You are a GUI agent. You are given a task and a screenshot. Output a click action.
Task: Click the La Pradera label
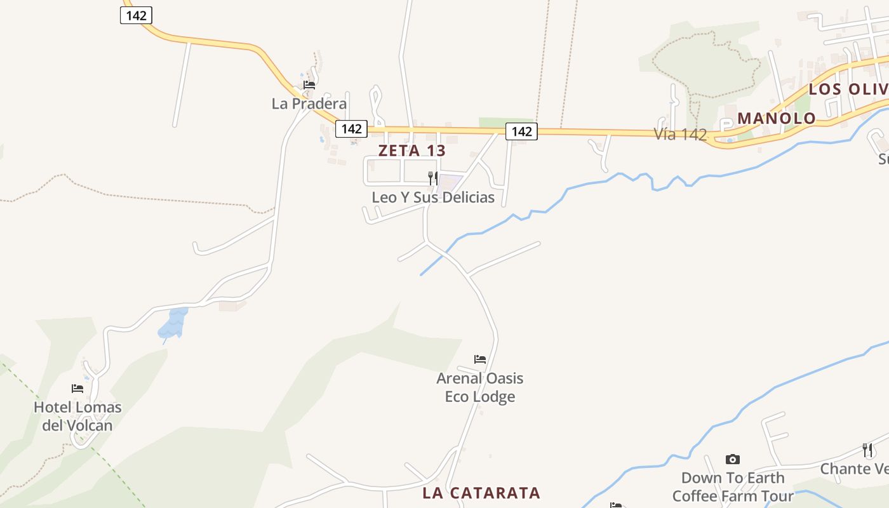(x=309, y=104)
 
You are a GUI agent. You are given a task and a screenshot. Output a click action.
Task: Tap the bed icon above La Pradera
(x=309, y=84)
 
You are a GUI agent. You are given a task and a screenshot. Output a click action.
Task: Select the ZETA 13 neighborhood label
(x=412, y=150)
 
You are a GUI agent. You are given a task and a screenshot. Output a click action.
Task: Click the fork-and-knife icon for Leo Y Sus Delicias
(x=432, y=178)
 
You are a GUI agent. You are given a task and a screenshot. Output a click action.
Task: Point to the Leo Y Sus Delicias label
(x=433, y=197)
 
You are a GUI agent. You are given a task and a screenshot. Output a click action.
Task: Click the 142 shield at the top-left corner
(x=136, y=15)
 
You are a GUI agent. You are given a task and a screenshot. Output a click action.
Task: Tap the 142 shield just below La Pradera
(x=351, y=129)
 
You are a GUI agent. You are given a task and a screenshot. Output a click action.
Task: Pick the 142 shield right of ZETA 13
(x=521, y=131)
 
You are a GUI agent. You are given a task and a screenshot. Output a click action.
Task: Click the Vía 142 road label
(x=680, y=134)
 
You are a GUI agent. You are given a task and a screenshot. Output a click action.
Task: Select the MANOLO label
(x=776, y=118)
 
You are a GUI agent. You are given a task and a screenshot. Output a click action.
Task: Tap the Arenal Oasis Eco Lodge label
(x=480, y=387)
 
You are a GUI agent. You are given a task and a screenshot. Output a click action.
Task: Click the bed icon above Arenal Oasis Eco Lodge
(x=480, y=359)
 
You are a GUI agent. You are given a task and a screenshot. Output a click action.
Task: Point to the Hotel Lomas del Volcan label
(x=77, y=416)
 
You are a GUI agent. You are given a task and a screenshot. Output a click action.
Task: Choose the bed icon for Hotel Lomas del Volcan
(x=77, y=388)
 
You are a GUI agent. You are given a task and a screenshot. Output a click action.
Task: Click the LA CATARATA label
(x=481, y=493)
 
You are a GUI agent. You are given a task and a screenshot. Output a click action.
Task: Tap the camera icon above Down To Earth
(x=733, y=459)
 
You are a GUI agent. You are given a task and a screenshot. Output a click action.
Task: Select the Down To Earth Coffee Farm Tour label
(x=733, y=486)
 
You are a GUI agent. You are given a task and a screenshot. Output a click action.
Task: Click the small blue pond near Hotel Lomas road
(x=173, y=323)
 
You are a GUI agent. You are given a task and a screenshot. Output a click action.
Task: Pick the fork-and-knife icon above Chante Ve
(x=867, y=450)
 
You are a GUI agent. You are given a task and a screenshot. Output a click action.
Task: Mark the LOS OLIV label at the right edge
(x=848, y=89)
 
